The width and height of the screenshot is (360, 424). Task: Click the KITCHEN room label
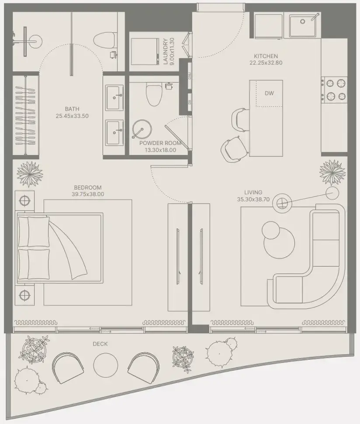pyautogui.click(x=266, y=56)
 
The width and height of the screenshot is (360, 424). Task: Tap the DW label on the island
pyautogui.click(x=269, y=93)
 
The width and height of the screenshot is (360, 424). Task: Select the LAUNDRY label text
pyautogui.click(x=165, y=52)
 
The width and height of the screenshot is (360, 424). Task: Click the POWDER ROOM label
pyautogui.click(x=160, y=143)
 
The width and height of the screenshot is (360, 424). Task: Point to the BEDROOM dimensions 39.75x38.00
pyautogui.click(x=88, y=194)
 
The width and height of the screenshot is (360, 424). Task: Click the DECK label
pyautogui.click(x=100, y=344)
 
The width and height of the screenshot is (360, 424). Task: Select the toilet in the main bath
pyautogui.click(x=105, y=41)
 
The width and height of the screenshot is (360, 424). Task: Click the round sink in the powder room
pyautogui.click(x=142, y=129)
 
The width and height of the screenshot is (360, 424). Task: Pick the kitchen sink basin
pyautogui.click(x=303, y=25)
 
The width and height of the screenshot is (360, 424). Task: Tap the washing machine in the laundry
pyautogui.click(x=145, y=52)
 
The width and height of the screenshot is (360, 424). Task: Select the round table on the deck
pyautogui.click(x=105, y=365)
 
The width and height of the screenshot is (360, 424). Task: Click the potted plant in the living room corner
pyautogui.click(x=332, y=172)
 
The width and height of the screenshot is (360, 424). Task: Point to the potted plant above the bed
pyautogui.click(x=30, y=174)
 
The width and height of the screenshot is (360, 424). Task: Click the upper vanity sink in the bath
pyautogui.click(x=114, y=98)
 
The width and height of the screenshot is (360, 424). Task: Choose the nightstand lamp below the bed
pyautogui.click(x=24, y=295)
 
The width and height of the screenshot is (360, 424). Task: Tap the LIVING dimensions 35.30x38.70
pyautogui.click(x=253, y=200)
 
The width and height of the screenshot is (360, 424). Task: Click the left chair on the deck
pyautogui.click(x=68, y=367)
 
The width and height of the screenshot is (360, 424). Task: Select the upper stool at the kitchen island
pyautogui.click(x=240, y=120)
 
